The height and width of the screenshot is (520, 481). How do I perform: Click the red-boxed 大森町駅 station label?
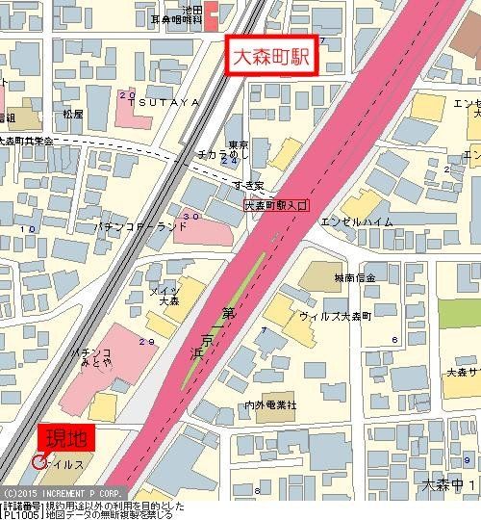pyautogui.click(x=270, y=55)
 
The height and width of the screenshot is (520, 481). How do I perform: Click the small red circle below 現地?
pyautogui.click(x=38, y=462)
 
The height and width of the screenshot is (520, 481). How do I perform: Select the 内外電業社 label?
pyautogui.click(x=270, y=404)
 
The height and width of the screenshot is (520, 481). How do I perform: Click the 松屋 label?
pyautogui.click(x=73, y=113)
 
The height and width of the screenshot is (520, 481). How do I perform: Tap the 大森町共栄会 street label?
pyautogui.click(x=28, y=141)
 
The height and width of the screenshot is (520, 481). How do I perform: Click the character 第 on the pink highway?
pyautogui.click(x=228, y=312)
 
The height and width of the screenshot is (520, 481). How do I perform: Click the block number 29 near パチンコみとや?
pyautogui.click(x=146, y=341)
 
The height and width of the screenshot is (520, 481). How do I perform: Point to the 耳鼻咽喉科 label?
pyautogui.click(x=177, y=18)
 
